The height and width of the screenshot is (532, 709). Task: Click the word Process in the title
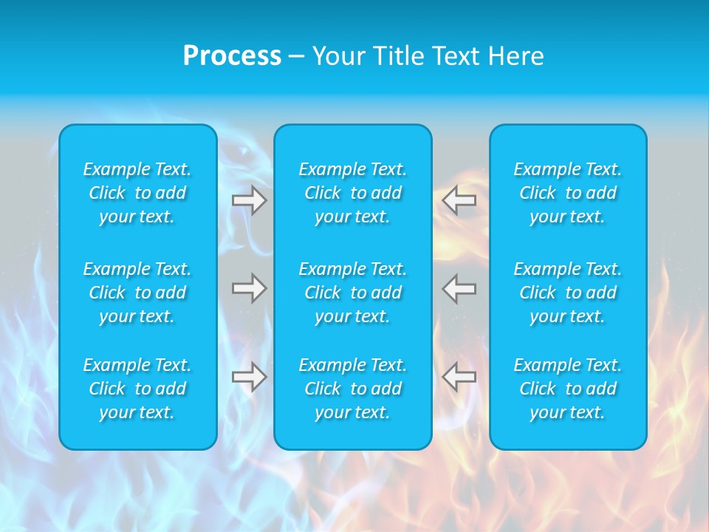232,56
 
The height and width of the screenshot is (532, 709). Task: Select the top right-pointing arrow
250,200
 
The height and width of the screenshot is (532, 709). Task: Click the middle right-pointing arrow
250,288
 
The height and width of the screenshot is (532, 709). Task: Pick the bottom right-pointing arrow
250,377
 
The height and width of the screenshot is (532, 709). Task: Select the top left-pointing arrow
459,200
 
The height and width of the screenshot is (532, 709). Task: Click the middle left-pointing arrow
459,288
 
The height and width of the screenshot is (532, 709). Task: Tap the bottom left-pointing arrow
459,377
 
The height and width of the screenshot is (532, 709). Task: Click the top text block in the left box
137,193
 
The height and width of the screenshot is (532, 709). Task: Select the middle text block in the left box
137,293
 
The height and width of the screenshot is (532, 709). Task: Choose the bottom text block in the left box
137,389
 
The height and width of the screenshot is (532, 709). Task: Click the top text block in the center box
353,193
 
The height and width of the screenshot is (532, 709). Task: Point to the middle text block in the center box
353,293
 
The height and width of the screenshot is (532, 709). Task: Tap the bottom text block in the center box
353,389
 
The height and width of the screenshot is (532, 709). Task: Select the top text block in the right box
568,193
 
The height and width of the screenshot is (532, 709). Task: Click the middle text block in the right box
568,293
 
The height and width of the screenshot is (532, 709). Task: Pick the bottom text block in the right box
568,389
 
